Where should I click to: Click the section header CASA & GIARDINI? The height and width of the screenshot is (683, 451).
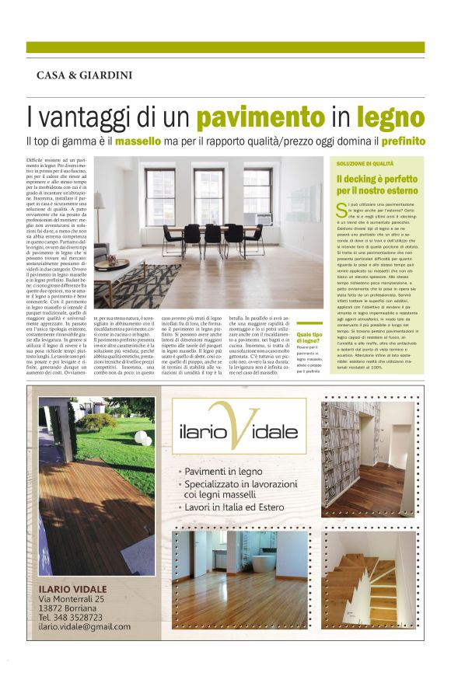(x=84, y=75)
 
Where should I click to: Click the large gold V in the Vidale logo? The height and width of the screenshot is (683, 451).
(x=225, y=426)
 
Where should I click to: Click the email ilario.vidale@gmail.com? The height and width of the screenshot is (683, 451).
(x=84, y=627)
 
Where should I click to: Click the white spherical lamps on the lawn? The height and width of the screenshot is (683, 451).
(x=144, y=440)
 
